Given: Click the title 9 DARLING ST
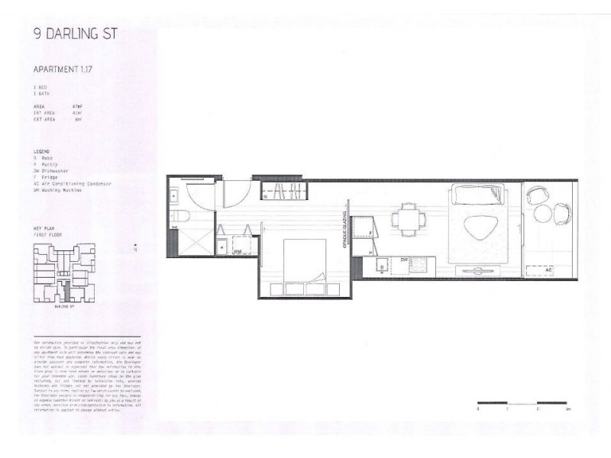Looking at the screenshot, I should [x=76, y=34].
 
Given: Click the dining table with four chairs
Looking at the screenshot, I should [x=408, y=219].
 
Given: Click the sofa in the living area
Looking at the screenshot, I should [x=478, y=195].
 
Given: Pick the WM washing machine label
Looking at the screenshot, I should [x=238, y=250].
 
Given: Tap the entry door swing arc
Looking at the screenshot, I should [x=232, y=194].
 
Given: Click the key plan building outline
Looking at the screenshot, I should [x=64, y=272].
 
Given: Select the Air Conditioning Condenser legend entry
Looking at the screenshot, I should [x=73, y=184].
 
